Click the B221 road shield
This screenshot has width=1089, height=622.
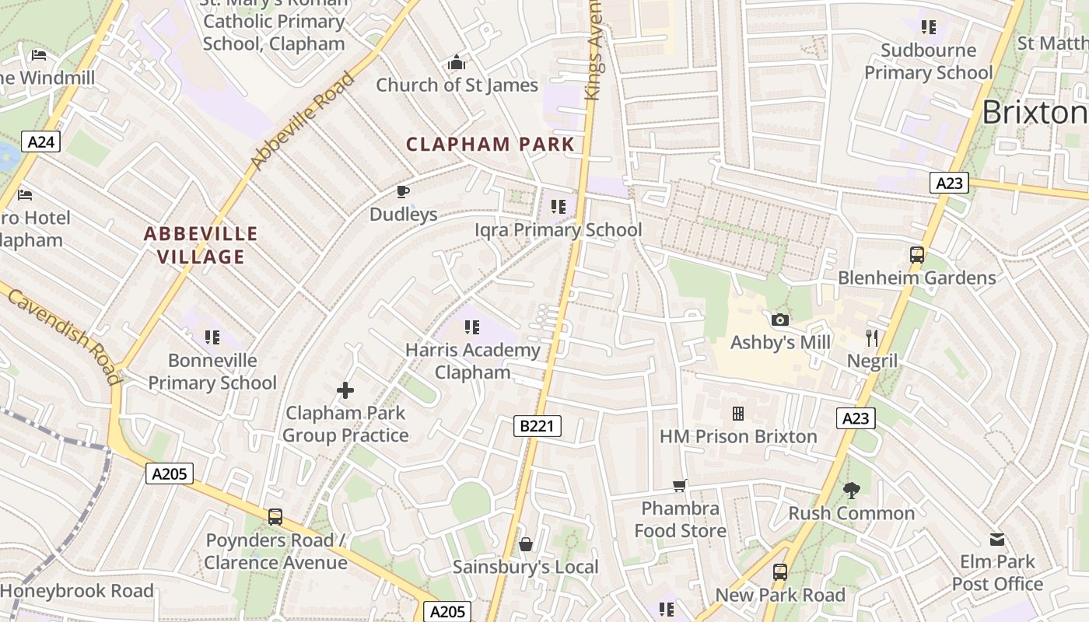(537, 425)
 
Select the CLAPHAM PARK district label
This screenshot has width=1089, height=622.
(490, 144)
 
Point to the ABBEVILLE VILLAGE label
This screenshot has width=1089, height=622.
(201, 245)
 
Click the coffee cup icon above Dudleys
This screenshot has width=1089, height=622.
(403, 191)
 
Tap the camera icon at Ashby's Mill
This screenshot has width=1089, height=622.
(780, 320)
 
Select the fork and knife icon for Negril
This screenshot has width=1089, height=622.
(872, 338)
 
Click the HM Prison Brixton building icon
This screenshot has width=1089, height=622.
(737, 414)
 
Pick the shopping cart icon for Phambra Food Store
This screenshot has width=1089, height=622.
(680, 486)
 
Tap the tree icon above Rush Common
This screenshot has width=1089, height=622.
(852, 490)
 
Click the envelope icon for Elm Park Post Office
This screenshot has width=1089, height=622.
(997, 539)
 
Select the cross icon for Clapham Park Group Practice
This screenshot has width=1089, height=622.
(345, 390)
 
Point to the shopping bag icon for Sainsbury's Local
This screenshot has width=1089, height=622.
(526, 544)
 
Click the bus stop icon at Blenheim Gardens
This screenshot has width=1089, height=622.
(917, 254)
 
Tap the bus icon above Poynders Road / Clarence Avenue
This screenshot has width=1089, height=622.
(275, 517)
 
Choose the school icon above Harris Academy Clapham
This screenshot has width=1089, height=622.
(472, 327)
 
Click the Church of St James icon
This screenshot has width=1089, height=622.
(457, 62)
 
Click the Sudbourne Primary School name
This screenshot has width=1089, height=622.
(928, 61)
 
